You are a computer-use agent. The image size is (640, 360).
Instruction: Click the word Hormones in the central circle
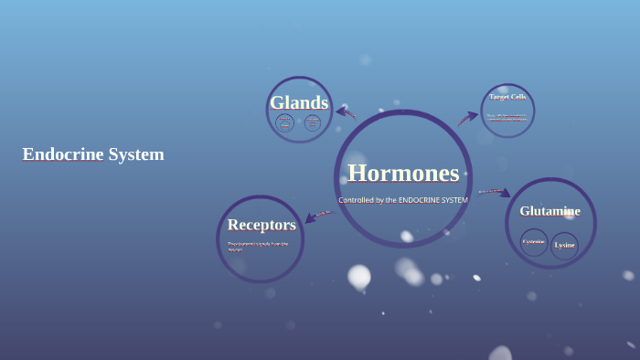403,173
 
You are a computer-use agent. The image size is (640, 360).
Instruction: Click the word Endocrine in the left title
63,154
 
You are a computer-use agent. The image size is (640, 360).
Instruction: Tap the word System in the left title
136,154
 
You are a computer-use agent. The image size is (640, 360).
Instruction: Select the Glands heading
299,102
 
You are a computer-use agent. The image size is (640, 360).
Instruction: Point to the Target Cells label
507,97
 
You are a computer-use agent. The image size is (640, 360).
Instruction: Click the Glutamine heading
549,211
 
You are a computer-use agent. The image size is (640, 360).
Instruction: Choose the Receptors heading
261,225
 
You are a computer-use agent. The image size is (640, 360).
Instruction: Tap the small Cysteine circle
534,242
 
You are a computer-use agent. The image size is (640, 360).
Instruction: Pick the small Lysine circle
565,245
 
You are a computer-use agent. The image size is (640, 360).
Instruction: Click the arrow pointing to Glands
346,112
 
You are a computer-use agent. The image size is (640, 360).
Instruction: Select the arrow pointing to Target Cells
467,118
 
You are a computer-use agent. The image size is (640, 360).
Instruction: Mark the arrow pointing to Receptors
316,217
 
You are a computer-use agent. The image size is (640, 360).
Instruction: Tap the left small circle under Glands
285,122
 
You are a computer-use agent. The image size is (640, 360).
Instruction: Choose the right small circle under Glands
313,122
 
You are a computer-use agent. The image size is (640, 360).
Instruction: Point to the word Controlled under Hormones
357,200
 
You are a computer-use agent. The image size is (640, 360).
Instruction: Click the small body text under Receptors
258,246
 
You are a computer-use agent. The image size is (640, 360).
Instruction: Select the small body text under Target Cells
507,117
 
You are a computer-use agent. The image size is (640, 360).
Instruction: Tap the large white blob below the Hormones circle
359,275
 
